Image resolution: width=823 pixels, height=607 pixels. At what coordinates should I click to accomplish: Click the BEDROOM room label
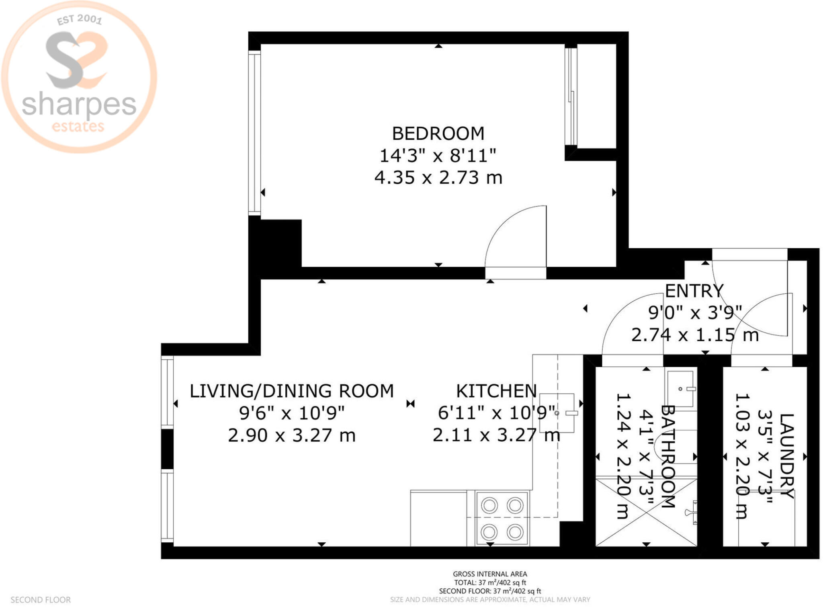tap(438, 133)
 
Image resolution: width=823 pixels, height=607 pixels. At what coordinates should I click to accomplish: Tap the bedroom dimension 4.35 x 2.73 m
tap(438, 177)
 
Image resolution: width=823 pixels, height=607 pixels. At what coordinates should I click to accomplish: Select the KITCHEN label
tap(496, 391)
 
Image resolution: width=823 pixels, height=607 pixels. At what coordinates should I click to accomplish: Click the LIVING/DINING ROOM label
tap(292, 391)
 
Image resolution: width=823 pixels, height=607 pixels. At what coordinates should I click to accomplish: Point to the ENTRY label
tap(694, 291)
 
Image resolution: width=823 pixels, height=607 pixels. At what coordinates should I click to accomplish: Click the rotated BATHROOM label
tap(667, 456)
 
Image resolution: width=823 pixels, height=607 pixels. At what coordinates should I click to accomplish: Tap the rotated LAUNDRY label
tap(786, 456)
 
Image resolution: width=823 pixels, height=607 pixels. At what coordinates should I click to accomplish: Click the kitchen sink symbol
tap(557, 413)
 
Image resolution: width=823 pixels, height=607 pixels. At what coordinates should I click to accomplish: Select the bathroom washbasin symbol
tap(681, 389)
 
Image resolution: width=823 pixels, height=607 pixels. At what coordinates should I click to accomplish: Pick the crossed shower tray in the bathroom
tap(646, 512)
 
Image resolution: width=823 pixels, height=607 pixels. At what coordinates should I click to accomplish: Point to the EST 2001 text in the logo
tap(79, 19)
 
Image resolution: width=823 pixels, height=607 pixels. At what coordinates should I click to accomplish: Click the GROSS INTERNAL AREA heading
tap(490, 574)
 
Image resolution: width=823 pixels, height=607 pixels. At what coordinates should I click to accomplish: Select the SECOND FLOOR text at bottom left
tap(41, 600)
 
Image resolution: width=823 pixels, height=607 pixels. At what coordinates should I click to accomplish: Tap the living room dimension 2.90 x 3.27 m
tap(292, 435)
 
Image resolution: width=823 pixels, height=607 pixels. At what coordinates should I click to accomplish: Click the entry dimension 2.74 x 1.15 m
tap(695, 335)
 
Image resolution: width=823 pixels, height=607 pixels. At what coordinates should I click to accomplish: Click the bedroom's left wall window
tap(254, 133)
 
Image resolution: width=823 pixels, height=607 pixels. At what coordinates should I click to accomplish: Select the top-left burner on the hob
tap(489, 505)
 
